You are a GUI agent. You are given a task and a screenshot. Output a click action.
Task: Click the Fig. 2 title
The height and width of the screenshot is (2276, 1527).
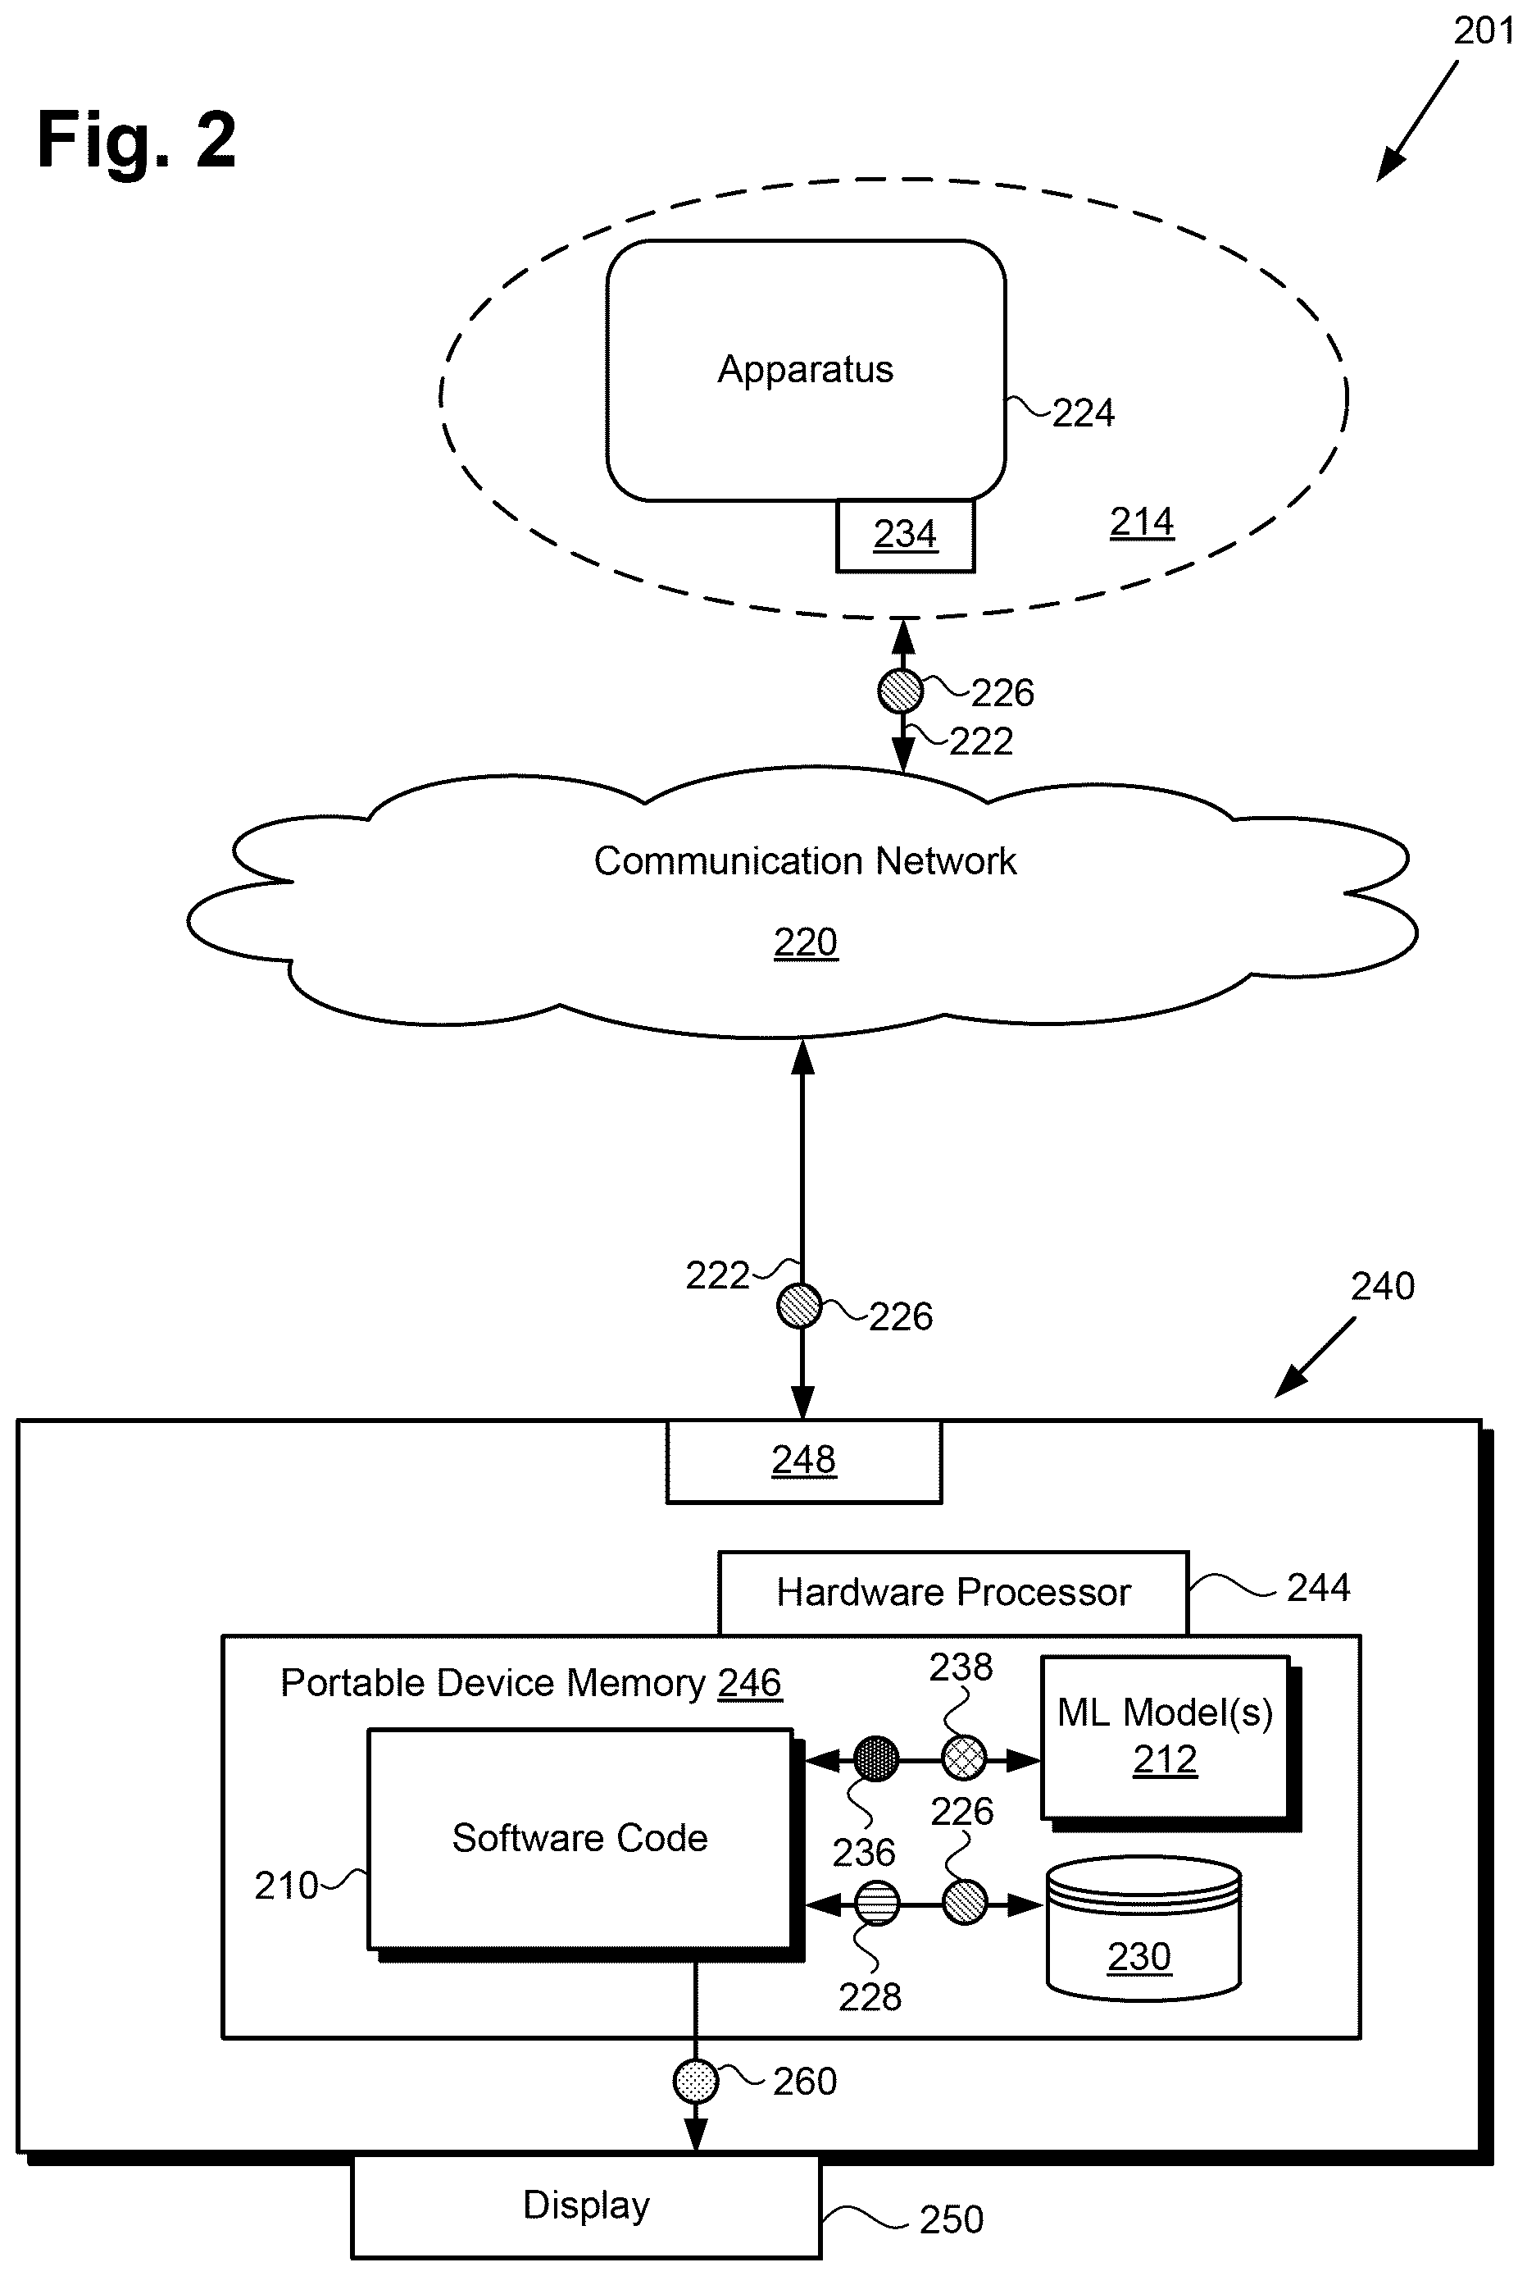click(136, 140)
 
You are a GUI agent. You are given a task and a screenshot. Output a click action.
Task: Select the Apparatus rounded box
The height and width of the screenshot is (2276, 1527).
click(806, 370)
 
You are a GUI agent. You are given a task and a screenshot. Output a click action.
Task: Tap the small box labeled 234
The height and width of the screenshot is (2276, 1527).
click(905, 535)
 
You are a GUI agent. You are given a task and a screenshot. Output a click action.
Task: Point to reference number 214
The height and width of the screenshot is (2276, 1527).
click(1141, 523)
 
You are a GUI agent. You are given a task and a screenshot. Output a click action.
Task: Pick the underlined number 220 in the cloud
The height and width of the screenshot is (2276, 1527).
click(806, 943)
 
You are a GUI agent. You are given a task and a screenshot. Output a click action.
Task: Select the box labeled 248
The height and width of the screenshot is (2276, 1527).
click(803, 1462)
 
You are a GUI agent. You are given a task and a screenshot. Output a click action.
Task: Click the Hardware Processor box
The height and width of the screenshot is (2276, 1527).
click(953, 1593)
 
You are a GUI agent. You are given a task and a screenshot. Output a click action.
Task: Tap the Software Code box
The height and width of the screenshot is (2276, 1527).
click(580, 1839)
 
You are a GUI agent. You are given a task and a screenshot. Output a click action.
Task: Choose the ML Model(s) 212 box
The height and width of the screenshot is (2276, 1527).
click(1165, 1737)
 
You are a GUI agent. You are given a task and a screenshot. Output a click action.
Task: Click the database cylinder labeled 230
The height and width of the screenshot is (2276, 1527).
click(1143, 1932)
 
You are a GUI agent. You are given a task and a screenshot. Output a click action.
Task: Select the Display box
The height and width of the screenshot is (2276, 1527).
click(586, 2205)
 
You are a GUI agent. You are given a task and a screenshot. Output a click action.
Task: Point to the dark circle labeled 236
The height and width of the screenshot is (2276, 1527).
click(875, 1758)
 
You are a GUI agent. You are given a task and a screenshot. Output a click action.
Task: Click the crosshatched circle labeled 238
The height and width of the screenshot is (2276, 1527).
click(964, 1758)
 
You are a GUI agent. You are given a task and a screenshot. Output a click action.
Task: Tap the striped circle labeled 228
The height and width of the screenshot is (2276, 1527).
click(876, 1903)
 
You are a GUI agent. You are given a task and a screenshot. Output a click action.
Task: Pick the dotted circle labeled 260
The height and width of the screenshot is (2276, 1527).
click(695, 2080)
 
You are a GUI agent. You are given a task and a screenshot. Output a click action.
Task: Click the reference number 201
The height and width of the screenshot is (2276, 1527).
click(1484, 31)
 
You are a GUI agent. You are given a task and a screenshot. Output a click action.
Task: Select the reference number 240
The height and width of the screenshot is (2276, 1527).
click(1383, 1286)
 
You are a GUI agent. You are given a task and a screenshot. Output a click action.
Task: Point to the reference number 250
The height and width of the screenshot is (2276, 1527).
click(952, 2219)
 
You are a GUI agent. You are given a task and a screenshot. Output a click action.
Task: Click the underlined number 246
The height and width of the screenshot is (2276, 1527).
click(750, 1683)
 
